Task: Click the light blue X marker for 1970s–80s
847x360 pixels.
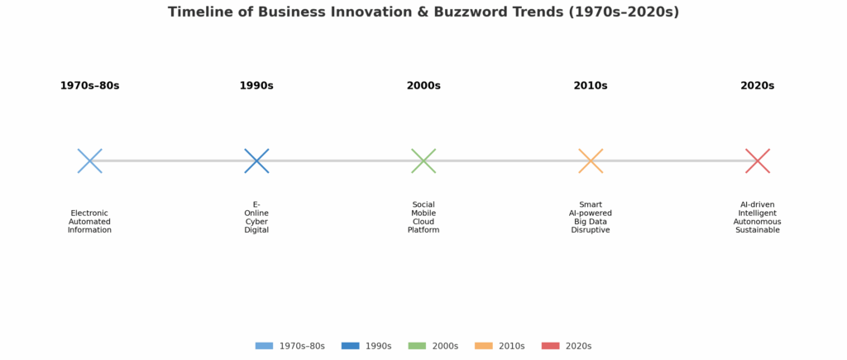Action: pos(89,161)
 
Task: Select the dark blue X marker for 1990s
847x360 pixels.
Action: pos(256,161)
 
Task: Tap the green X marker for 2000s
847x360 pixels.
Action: pos(423,161)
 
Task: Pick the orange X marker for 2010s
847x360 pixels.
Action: pos(591,161)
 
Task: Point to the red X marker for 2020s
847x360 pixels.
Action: pos(758,161)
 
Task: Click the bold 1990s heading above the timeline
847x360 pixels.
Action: pos(256,86)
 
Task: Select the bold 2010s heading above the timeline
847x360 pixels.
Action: pos(591,86)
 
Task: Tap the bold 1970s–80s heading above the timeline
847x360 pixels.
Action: pos(89,86)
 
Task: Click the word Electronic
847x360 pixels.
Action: pos(89,213)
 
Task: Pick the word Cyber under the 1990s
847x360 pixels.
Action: pos(256,222)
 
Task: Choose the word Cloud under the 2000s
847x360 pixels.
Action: pos(423,222)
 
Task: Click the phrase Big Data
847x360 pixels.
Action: pos(591,222)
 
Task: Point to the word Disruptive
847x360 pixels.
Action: pos(591,230)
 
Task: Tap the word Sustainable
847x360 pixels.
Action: pos(758,230)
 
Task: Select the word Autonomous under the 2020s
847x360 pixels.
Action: pos(758,222)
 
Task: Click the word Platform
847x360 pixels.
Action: pos(423,230)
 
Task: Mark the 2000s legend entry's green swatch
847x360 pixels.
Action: pos(417,346)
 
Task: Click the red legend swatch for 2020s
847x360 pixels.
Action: pos(550,346)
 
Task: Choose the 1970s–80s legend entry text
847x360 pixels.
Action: pos(302,346)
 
